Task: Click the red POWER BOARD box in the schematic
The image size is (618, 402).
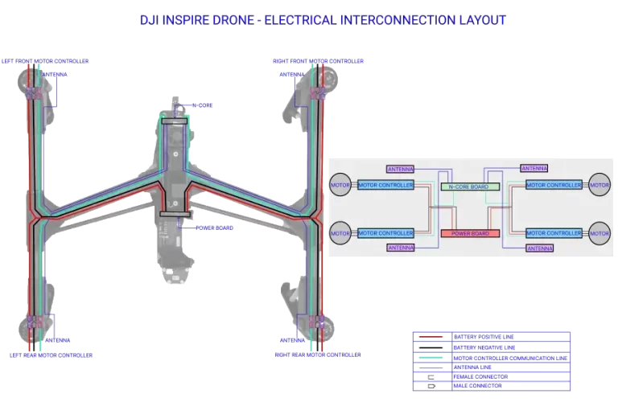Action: tap(470, 233)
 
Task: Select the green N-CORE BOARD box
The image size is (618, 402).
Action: tap(470, 187)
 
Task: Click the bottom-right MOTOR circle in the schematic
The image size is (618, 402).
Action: tap(599, 233)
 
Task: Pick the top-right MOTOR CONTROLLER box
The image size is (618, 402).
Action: tap(553, 186)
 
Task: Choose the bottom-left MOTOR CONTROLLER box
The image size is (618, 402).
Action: tap(385, 233)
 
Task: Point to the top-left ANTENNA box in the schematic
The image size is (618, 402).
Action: tap(400, 170)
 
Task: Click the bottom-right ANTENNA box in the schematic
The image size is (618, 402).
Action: tap(539, 249)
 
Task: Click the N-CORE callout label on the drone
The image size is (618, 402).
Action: tap(202, 105)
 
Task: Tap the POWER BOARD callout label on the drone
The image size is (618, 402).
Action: tap(215, 228)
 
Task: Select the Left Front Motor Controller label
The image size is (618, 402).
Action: tap(45, 60)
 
